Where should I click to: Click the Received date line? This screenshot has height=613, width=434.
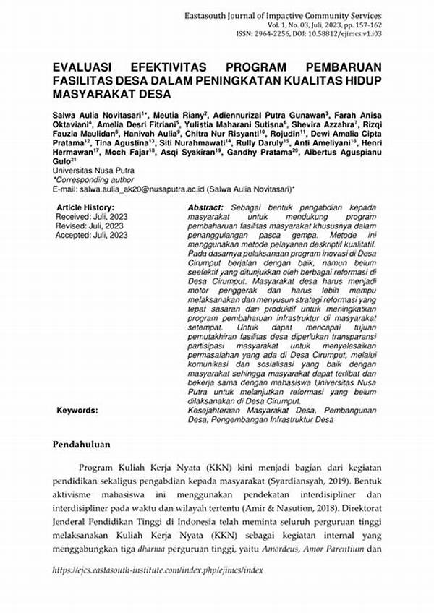[92, 216]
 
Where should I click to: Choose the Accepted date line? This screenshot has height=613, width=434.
[93, 235]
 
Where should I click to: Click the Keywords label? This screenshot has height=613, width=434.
[77, 410]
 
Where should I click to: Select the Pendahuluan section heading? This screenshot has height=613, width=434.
[85, 444]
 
